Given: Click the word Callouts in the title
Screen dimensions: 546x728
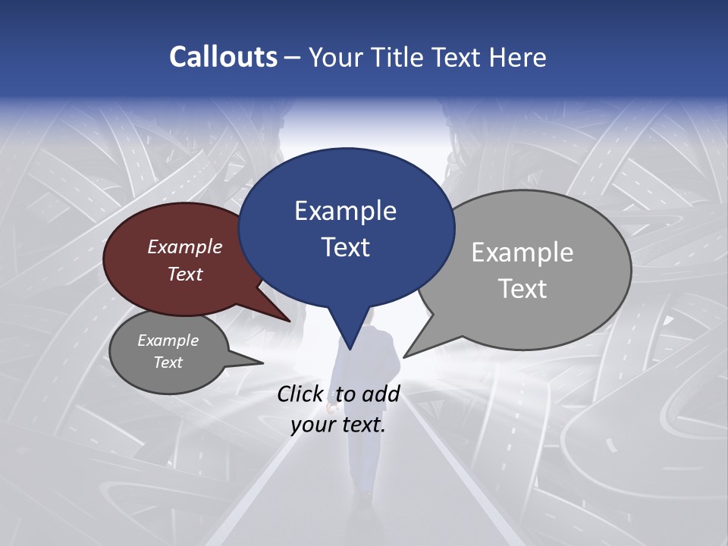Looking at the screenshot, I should tap(223, 58).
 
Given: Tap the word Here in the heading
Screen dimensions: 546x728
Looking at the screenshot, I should tap(518, 58).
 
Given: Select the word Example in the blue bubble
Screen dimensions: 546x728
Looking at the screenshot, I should tap(345, 211).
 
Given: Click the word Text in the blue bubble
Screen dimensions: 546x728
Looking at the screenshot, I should tap(345, 247).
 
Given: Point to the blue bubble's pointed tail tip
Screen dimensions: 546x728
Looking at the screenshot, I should tap(350, 350).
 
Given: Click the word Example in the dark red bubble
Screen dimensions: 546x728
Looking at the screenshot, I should tap(185, 247).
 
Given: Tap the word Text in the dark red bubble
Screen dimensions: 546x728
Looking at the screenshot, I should tap(185, 275).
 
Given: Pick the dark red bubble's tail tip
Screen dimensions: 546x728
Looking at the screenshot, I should tap(290, 321).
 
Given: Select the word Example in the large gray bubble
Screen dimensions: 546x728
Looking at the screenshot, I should tap(522, 253).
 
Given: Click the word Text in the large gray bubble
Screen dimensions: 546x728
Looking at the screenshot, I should tap(522, 289).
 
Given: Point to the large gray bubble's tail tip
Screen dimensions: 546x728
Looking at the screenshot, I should tap(404, 356).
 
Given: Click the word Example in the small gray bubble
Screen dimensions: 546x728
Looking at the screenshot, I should tap(168, 341).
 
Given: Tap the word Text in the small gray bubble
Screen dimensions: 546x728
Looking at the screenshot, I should tap(168, 362).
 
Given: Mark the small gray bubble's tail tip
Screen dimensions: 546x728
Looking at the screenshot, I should tap(262, 363).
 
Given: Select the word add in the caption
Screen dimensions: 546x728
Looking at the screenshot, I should tap(381, 394).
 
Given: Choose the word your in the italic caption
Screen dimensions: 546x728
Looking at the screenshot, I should tap(313, 425).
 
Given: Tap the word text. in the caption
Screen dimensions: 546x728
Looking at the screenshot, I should tap(362, 425).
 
